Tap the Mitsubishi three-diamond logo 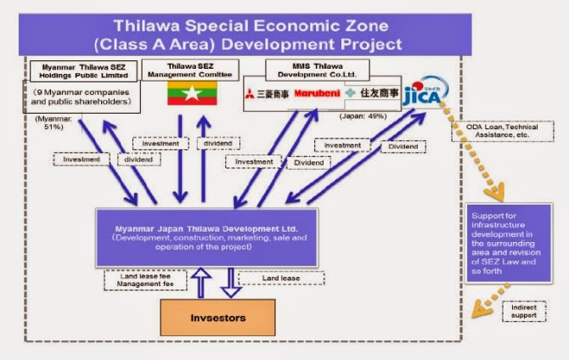(251, 93)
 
